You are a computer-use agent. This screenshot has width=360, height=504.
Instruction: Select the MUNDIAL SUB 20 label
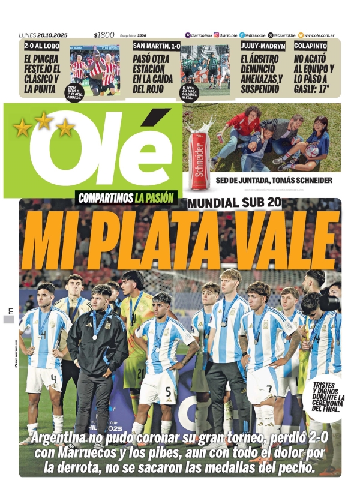pos(235,203)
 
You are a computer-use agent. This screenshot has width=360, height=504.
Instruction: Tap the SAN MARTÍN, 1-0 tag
pos(157,46)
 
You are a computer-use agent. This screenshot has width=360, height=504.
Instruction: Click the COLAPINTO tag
pos(311,46)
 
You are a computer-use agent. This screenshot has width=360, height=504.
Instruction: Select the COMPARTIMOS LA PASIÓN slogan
pos(126,197)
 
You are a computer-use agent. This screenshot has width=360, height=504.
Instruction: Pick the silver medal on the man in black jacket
pos(95,337)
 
